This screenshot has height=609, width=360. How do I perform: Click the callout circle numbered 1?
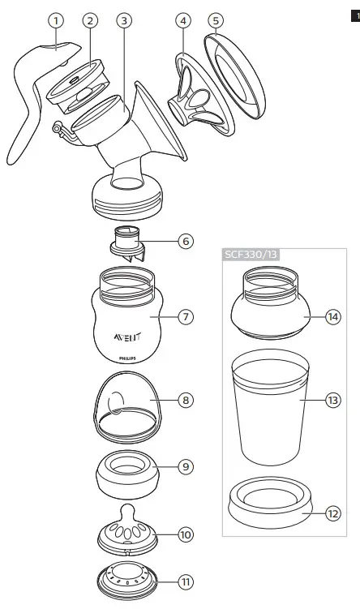click(54, 20)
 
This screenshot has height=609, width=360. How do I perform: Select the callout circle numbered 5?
click(215, 20)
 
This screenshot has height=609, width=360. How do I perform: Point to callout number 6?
click(186, 241)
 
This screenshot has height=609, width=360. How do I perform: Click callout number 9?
click(186, 467)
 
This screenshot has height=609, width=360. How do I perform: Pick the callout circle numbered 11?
click(186, 582)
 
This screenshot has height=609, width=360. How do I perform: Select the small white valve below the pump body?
click(125, 242)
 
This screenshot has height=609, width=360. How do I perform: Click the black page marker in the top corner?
click(354, 15)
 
